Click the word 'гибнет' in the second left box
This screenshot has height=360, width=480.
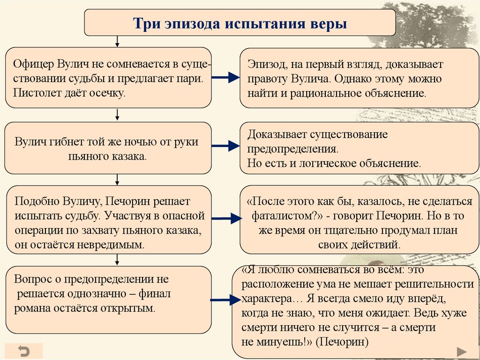pos(67,142)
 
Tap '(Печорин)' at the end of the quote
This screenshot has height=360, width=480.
pos(342,342)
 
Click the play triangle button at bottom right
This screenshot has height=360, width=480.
pos(461,351)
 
